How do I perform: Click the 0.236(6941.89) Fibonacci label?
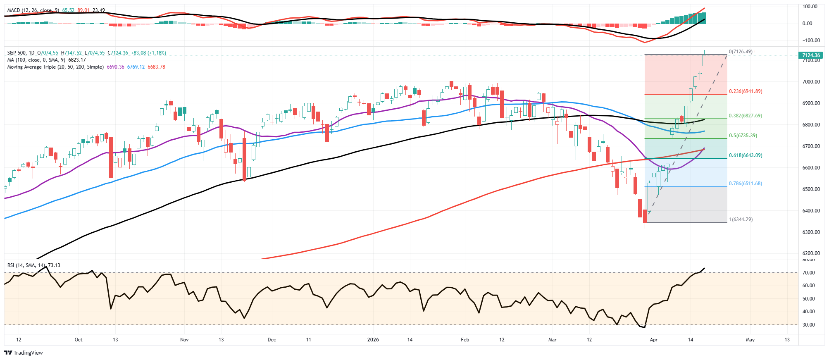[746, 91]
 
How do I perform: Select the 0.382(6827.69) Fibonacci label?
[746, 116]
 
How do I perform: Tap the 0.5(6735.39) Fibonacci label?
[743, 136]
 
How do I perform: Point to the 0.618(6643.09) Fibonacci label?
[746, 155]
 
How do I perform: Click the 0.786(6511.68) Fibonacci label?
[746, 184]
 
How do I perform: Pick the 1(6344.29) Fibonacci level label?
[741, 219]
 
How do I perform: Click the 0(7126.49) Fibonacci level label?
[741, 52]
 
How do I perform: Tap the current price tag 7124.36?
[811, 55]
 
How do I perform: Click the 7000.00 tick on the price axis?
[811, 82]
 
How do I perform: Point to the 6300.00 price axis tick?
[811, 232]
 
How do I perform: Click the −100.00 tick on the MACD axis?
[810, 41]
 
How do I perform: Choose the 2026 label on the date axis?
[373, 340]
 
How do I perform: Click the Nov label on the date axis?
[184, 340]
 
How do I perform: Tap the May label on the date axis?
[750, 340]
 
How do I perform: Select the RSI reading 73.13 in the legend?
[54, 265]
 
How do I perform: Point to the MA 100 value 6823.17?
[77, 60]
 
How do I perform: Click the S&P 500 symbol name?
[17, 53]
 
